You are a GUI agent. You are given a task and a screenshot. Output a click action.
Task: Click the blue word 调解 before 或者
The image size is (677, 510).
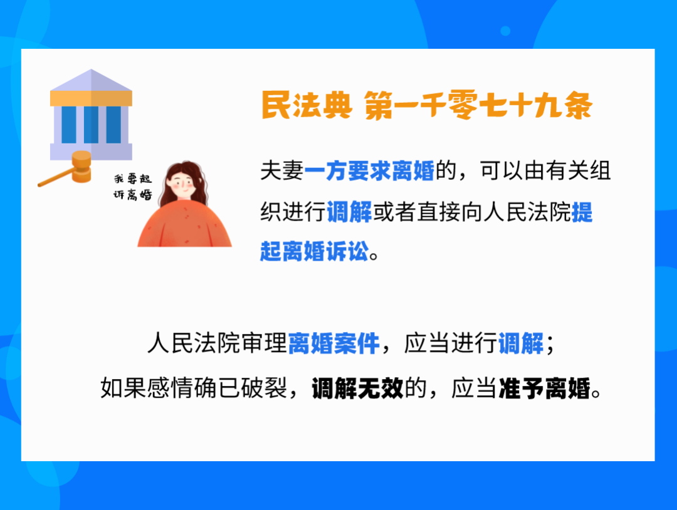(350, 213)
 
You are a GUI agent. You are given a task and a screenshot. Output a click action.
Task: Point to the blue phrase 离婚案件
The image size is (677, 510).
(334, 343)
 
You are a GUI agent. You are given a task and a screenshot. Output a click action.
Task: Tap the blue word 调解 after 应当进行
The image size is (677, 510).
(521, 343)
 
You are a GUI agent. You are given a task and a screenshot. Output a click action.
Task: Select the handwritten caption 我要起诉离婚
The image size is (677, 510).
(132, 187)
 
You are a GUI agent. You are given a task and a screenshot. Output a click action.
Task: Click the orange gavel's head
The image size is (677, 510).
(81, 165)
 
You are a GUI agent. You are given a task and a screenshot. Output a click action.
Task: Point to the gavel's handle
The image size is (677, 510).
(54, 180)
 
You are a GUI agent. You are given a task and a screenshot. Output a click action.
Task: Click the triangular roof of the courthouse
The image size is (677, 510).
(92, 81)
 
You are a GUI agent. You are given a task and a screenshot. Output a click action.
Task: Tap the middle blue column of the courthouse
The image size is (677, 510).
(91, 124)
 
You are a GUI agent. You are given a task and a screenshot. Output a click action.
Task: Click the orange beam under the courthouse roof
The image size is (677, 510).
(92, 98)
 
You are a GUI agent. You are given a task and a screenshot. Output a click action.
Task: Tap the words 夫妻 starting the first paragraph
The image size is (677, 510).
(281, 171)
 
